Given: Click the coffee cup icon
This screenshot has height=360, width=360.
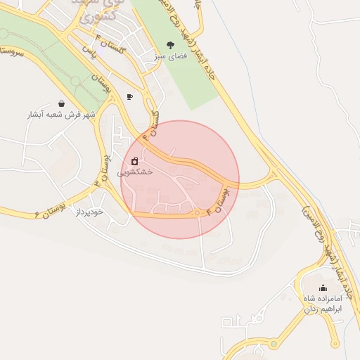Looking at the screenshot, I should (x=129, y=96).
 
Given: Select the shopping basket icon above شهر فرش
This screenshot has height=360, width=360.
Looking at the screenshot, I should (x=62, y=103).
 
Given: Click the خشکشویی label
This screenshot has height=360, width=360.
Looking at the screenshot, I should (x=134, y=171).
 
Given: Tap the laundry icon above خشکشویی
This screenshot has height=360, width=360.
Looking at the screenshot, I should (x=134, y=161).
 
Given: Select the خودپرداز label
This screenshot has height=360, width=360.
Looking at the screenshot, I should (x=90, y=211).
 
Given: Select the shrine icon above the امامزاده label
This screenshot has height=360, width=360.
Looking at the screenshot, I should (x=323, y=288).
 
